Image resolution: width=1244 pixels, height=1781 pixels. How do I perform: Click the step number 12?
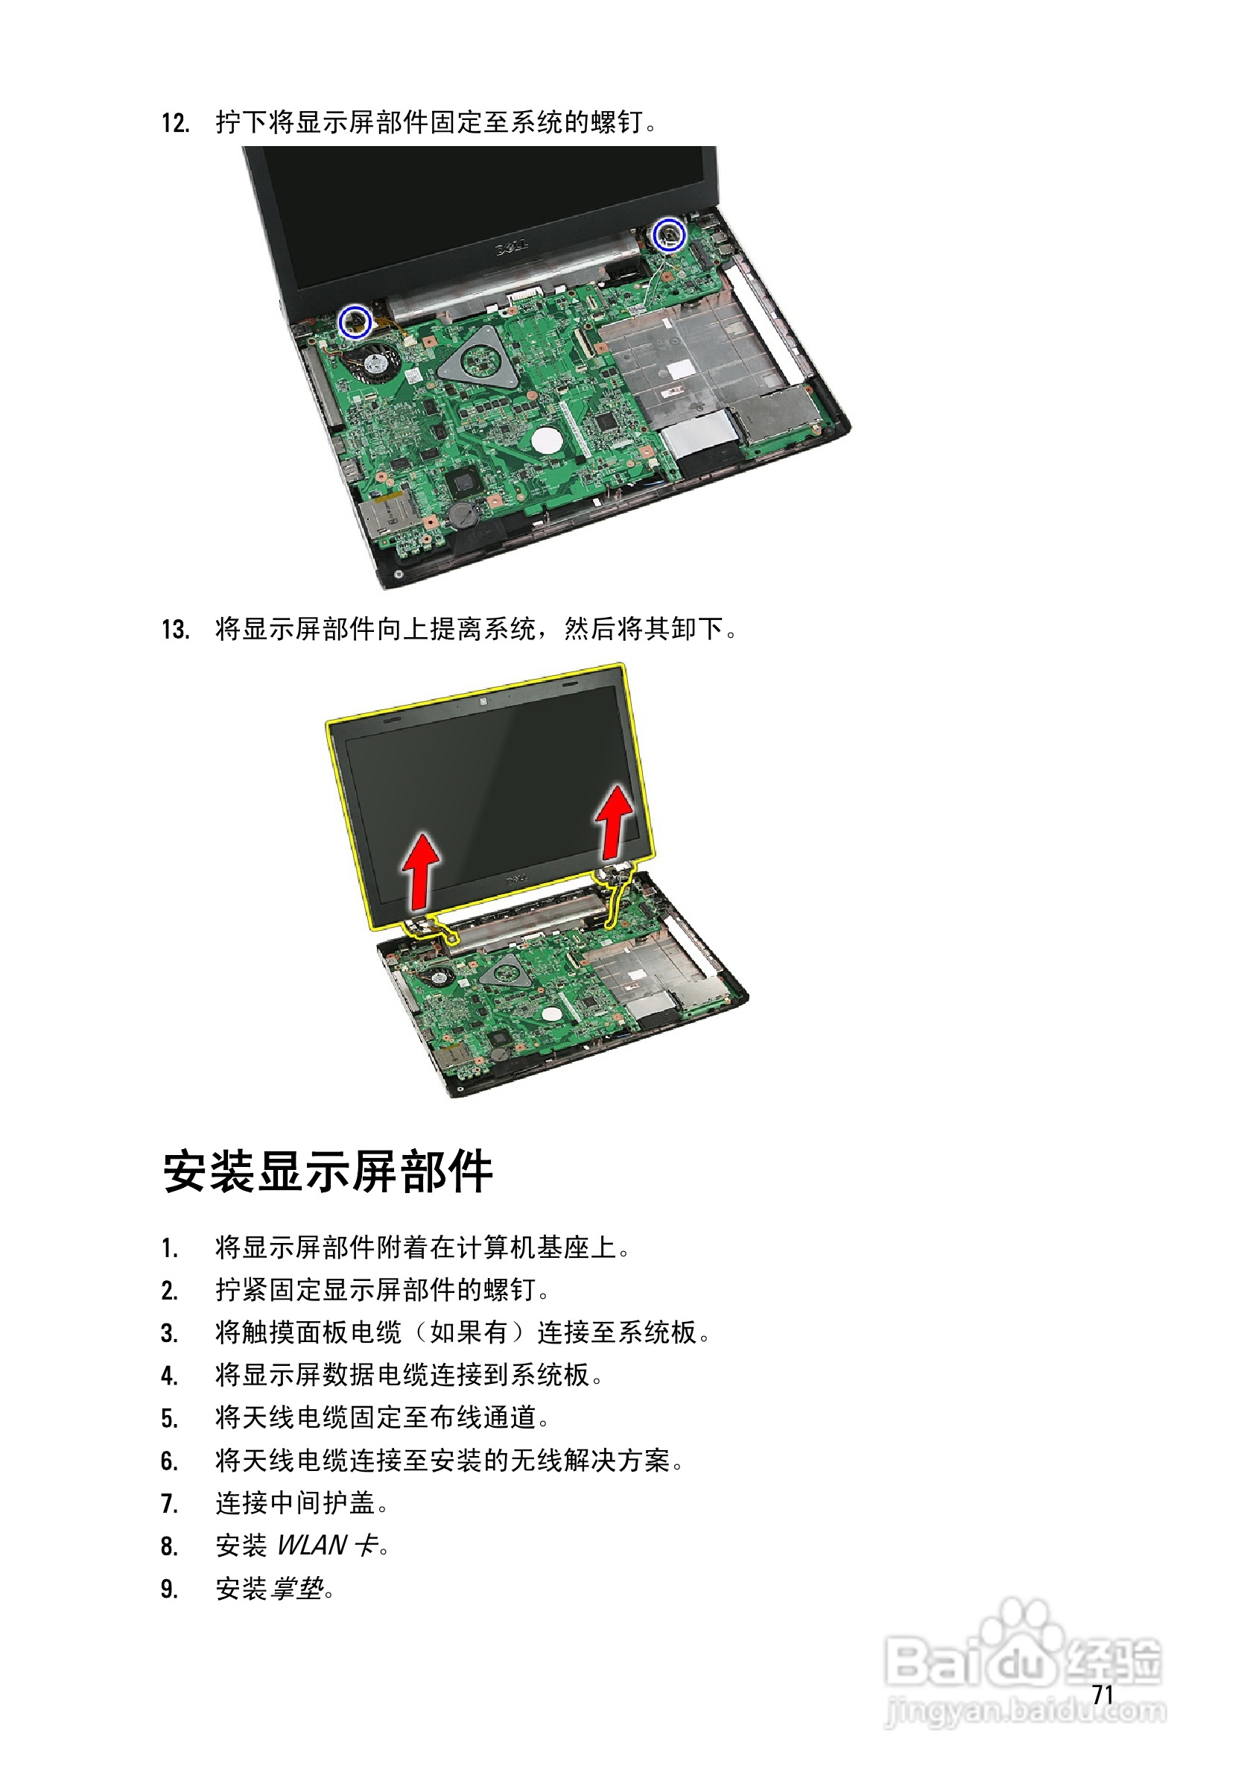[175, 122]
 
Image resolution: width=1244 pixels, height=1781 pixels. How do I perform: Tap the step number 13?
[175, 629]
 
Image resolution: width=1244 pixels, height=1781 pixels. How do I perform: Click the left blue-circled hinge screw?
[356, 320]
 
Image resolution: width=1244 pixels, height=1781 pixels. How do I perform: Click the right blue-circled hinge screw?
[667, 234]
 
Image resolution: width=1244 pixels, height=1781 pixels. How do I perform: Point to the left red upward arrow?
[422, 870]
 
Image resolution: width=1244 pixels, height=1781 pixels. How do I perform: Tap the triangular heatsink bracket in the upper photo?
[479, 358]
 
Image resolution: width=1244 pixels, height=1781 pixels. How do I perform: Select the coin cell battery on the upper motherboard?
[465, 513]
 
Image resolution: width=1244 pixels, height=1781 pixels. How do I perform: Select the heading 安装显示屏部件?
[327, 1171]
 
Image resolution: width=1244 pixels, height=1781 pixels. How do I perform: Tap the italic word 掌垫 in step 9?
[297, 1588]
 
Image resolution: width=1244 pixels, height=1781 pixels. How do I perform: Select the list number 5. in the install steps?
[170, 1419]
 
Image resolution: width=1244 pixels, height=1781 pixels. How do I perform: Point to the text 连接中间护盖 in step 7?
[296, 1502]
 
